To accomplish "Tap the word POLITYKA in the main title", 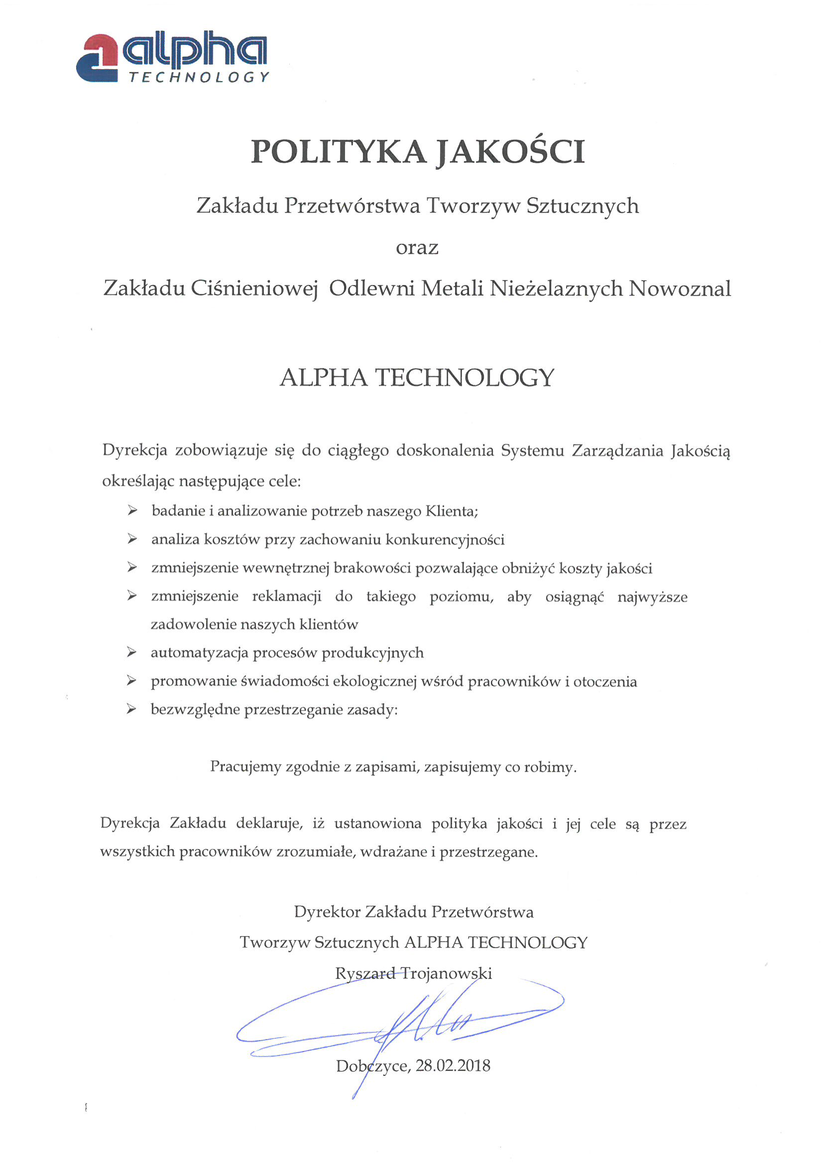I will point(339,151).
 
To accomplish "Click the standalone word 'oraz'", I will point(417,248).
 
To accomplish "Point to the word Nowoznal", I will point(680,289).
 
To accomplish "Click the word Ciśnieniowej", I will point(254,289).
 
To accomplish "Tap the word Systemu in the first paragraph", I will point(532,450).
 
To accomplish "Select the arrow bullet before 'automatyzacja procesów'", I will point(132,652).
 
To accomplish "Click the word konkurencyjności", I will point(445,539).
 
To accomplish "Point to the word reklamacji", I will point(286,596).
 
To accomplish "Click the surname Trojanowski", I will point(446,973).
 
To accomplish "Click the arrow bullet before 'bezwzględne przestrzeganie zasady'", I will point(132,709).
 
